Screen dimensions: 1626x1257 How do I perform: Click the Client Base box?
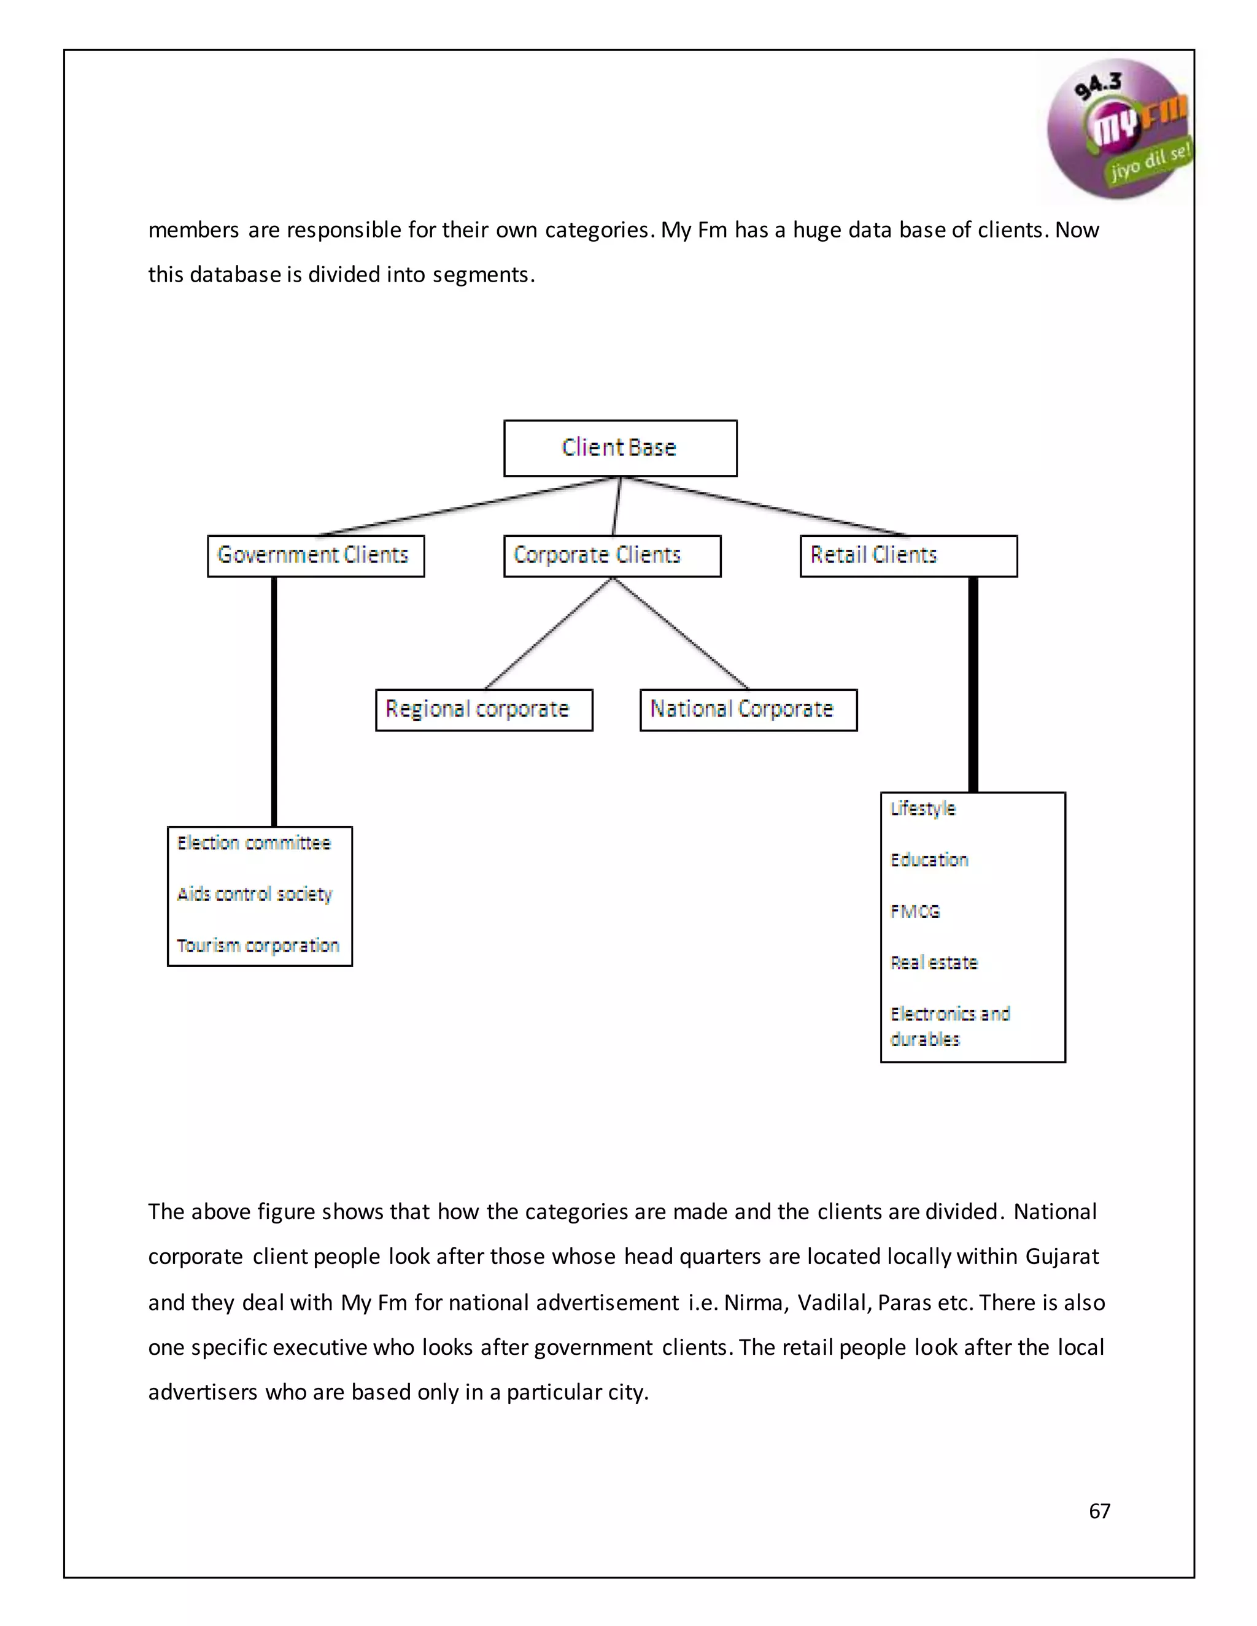619,447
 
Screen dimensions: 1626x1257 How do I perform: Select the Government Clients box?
315,555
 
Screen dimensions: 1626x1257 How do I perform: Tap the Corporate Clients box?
611,555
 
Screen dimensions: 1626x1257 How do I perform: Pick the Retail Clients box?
908,555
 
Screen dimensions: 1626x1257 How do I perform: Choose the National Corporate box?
748,709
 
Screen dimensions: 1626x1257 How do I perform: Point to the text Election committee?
253,843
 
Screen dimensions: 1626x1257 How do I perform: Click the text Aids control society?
254,893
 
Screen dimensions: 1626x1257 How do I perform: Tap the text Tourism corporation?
258,945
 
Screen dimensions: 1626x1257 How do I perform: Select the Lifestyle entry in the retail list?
922,809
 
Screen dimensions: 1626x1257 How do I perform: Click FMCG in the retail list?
915,911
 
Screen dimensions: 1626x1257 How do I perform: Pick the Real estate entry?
934,963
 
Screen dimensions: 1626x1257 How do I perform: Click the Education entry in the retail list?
929,860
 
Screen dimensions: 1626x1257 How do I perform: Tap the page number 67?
1099,1511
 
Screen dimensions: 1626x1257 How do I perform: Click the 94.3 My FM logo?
1117,129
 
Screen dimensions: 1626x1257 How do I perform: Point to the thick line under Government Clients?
274,700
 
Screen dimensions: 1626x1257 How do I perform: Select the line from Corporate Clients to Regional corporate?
547,634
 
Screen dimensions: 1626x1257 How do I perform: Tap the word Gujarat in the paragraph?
1062,1257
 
